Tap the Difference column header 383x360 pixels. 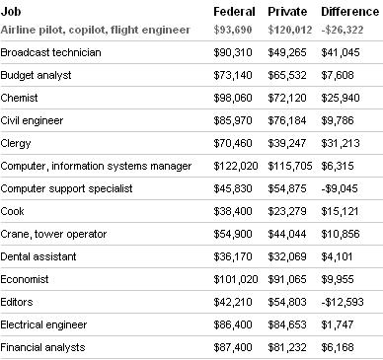point(349,11)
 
